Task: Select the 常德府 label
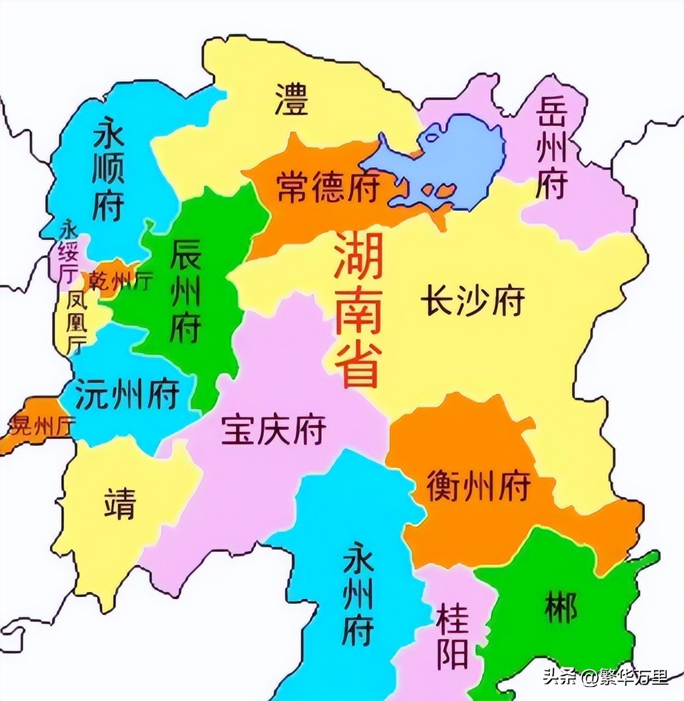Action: pyautogui.click(x=328, y=187)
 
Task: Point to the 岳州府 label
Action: pyautogui.click(x=551, y=148)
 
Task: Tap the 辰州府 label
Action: pyautogui.click(x=185, y=290)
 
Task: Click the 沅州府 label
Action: pyautogui.click(x=127, y=394)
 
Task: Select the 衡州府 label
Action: pyautogui.click(x=478, y=485)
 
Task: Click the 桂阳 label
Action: pyautogui.click(x=452, y=636)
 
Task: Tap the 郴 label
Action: pyautogui.click(x=561, y=607)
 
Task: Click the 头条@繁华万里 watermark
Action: pyautogui.click(x=606, y=677)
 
